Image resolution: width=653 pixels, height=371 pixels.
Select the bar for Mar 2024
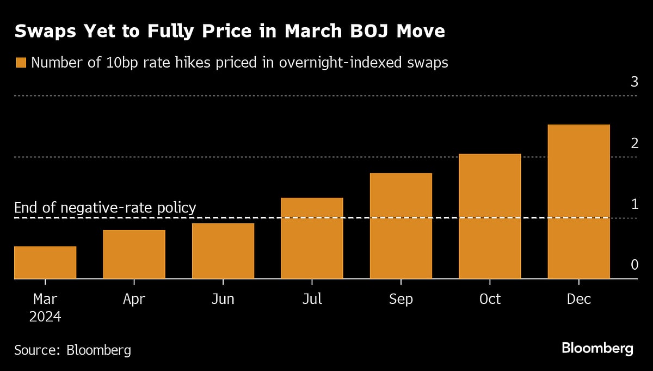(x=45, y=263)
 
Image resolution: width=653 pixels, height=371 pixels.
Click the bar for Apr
(x=134, y=254)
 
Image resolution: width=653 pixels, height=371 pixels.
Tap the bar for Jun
(x=223, y=251)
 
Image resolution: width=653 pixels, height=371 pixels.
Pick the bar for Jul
(x=312, y=238)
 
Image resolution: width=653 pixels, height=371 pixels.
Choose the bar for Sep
(x=401, y=226)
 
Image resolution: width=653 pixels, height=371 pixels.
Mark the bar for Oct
(x=490, y=216)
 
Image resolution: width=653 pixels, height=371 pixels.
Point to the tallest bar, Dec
(x=578, y=202)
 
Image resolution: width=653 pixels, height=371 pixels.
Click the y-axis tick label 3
(x=633, y=83)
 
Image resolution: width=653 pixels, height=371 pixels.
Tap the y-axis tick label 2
(x=633, y=144)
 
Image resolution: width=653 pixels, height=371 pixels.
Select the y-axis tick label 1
(x=633, y=205)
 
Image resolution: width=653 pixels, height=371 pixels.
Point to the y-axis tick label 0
(x=633, y=265)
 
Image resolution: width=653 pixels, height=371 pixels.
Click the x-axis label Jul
(x=312, y=299)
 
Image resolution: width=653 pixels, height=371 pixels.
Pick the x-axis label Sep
(x=401, y=299)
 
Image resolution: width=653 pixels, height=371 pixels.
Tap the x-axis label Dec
(x=578, y=299)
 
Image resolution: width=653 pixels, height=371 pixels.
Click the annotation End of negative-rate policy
(x=105, y=208)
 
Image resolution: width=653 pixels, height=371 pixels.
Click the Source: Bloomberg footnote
(x=72, y=350)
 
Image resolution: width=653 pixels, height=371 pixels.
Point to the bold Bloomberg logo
(x=597, y=348)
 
